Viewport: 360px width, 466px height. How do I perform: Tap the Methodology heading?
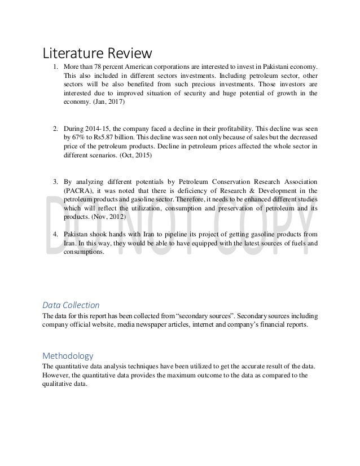[x=68, y=356]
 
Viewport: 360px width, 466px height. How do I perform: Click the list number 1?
[x=55, y=68]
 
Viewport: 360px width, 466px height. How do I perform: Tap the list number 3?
[x=55, y=182]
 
